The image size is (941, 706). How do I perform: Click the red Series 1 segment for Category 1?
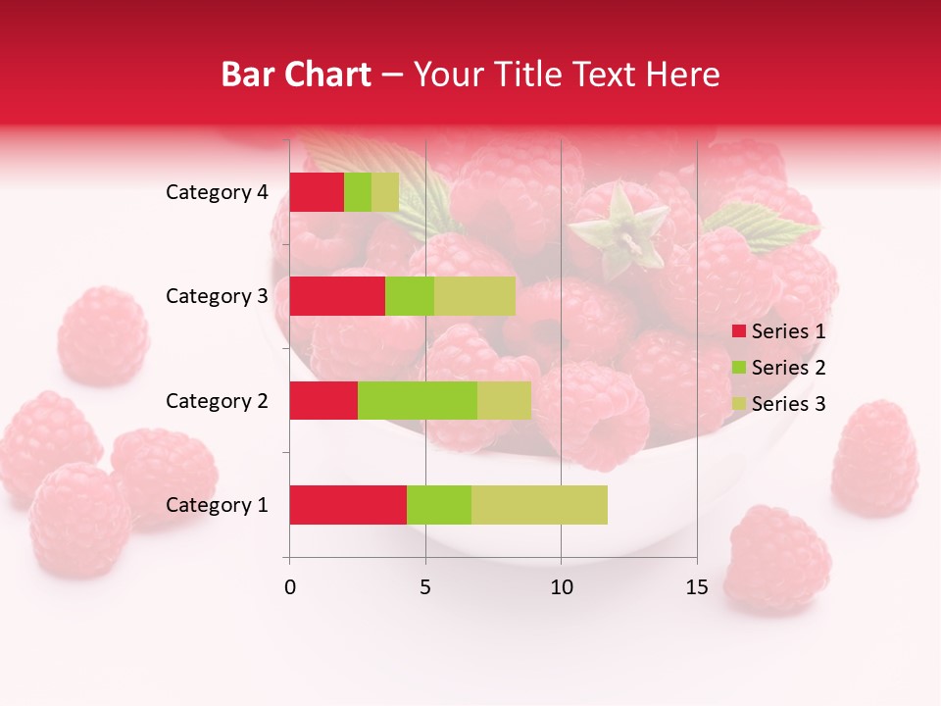click(348, 505)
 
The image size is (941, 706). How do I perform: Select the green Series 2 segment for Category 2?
click(418, 400)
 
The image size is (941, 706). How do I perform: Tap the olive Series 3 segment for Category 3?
click(474, 296)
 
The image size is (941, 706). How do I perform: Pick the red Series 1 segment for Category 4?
click(317, 192)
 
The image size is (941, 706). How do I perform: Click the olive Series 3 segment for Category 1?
click(539, 505)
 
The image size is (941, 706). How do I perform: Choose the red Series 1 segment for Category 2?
click(323, 400)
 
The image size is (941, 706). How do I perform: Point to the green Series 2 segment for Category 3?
click(410, 296)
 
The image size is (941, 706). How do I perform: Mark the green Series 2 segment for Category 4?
click(358, 192)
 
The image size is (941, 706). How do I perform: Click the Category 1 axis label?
click(217, 505)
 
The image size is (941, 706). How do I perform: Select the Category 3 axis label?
click(217, 296)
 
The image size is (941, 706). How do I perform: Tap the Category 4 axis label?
click(217, 192)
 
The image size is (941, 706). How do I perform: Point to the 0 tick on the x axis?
click(290, 587)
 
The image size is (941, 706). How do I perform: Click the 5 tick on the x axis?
click(425, 587)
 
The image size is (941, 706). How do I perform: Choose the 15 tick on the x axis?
click(697, 587)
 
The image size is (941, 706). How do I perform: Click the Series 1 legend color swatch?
click(738, 331)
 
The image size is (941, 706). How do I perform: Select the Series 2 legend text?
click(788, 368)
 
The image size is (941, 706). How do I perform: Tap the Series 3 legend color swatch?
click(738, 404)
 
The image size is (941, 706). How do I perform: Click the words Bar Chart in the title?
click(296, 75)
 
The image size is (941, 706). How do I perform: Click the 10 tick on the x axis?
click(561, 587)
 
